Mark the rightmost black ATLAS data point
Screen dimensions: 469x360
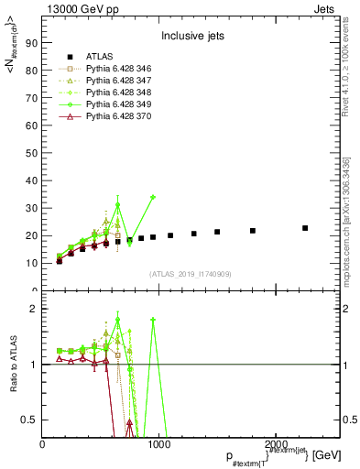click(x=305, y=228)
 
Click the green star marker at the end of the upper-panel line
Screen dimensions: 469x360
click(x=153, y=197)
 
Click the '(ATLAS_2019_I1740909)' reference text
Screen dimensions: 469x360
click(x=190, y=274)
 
